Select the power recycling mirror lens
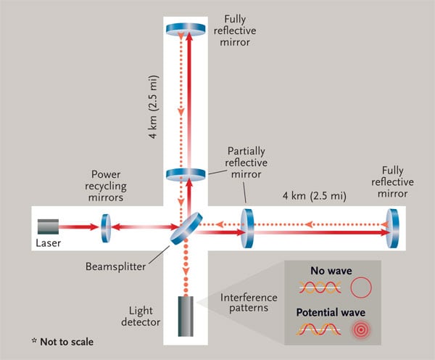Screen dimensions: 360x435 pyautogui.click(x=105, y=226)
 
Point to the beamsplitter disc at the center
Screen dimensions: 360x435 pyautogui.click(x=187, y=226)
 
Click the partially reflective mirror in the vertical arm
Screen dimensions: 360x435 pyautogui.click(x=187, y=174)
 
